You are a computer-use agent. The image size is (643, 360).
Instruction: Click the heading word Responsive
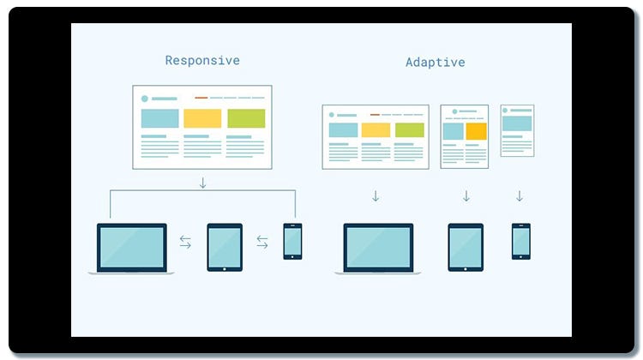[202, 61]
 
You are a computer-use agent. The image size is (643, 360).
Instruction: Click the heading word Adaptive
[435, 63]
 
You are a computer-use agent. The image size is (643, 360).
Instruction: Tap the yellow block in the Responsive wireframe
[202, 118]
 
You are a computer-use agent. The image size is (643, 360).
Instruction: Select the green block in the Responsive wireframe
[246, 118]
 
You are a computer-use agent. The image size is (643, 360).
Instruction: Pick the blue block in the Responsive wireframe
[159, 118]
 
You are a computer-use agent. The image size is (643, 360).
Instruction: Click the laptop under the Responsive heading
[131, 248]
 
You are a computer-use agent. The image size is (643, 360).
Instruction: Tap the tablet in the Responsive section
[225, 247]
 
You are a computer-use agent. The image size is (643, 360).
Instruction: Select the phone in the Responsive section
[292, 241]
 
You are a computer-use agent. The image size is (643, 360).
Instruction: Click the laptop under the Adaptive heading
[378, 248]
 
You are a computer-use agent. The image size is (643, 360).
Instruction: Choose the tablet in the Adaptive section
[466, 247]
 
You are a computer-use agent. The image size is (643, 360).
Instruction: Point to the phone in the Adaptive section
[520, 241]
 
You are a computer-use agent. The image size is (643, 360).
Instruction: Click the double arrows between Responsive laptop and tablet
[185, 243]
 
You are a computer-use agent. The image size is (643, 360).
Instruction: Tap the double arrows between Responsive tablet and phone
[262, 243]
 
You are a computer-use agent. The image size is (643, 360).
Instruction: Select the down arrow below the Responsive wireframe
[202, 183]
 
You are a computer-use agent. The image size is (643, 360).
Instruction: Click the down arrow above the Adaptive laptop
[376, 196]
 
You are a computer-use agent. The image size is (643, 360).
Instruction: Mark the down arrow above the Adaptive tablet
[466, 196]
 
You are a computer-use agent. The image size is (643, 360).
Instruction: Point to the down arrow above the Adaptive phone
[520, 196]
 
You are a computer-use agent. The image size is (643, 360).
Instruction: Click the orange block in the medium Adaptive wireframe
[476, 131]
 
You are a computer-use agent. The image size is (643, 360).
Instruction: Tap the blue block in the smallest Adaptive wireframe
[517, 123]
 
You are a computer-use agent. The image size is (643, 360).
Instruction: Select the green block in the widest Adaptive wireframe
[410, 130]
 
